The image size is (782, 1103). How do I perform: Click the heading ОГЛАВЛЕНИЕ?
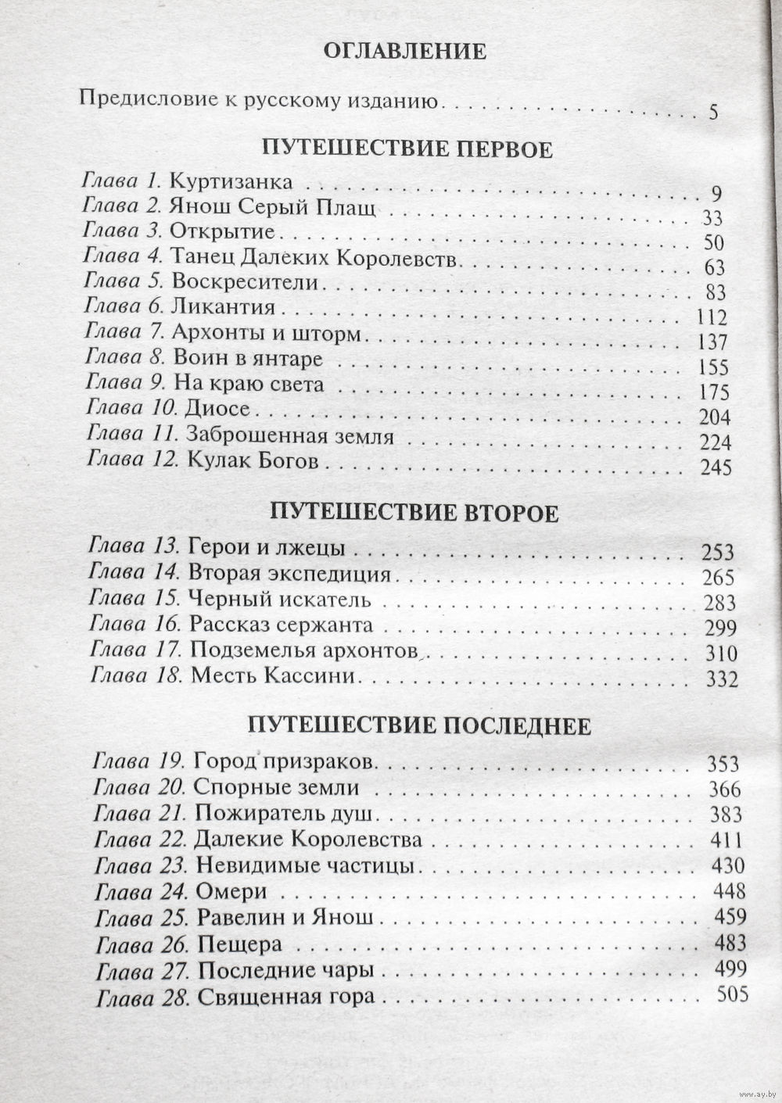tap(404, 52)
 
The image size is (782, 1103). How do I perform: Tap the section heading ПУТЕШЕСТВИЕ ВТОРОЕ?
tap(414, 513)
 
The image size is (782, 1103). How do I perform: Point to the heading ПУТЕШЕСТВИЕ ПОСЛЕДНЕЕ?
tap(419, 725)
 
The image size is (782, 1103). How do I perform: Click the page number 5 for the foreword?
tap(713, 112)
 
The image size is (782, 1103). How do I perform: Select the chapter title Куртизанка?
tap(231, 182)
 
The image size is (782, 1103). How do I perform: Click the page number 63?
tap(715, 267)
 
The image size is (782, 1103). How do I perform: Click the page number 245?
tap(717, 468)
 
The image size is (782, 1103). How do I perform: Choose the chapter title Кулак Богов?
tap(253, 461)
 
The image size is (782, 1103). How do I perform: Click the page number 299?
tap(720, 628)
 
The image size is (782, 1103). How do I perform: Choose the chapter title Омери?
tap(232, 891)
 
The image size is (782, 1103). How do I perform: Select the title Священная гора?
tap(286, 997)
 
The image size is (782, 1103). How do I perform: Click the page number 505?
tap(732, 994)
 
